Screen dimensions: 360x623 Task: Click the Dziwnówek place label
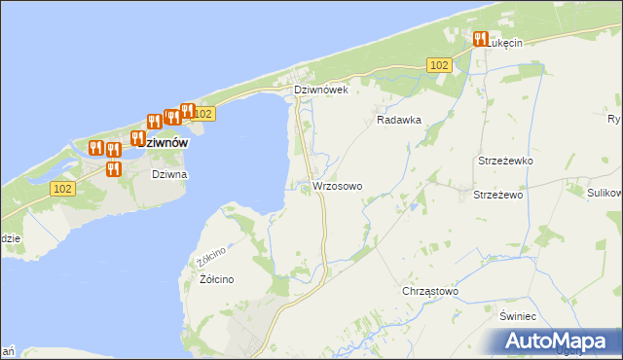coord(321,90)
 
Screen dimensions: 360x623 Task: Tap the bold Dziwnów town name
coord(159,142)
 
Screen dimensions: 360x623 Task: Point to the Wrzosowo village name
coord(337,185)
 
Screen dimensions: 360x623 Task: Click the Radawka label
coord(398,121)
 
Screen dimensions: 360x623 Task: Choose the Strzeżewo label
coord(498,195)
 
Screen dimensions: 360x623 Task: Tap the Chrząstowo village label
coord(429,291)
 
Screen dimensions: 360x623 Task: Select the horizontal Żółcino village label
coord(216,279)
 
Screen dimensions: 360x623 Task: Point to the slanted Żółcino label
coord(211,258)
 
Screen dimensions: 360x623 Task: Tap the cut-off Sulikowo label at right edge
coord(604,194)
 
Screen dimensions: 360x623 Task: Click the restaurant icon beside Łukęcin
coord(480,39)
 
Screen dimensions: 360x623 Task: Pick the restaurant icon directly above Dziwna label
coord(113,168)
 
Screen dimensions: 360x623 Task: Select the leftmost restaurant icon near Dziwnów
coord(95,148)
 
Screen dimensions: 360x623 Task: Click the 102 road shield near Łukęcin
coord(439,64)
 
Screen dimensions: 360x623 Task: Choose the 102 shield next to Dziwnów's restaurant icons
coord(202,114)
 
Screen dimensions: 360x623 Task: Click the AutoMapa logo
coord(556,342)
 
